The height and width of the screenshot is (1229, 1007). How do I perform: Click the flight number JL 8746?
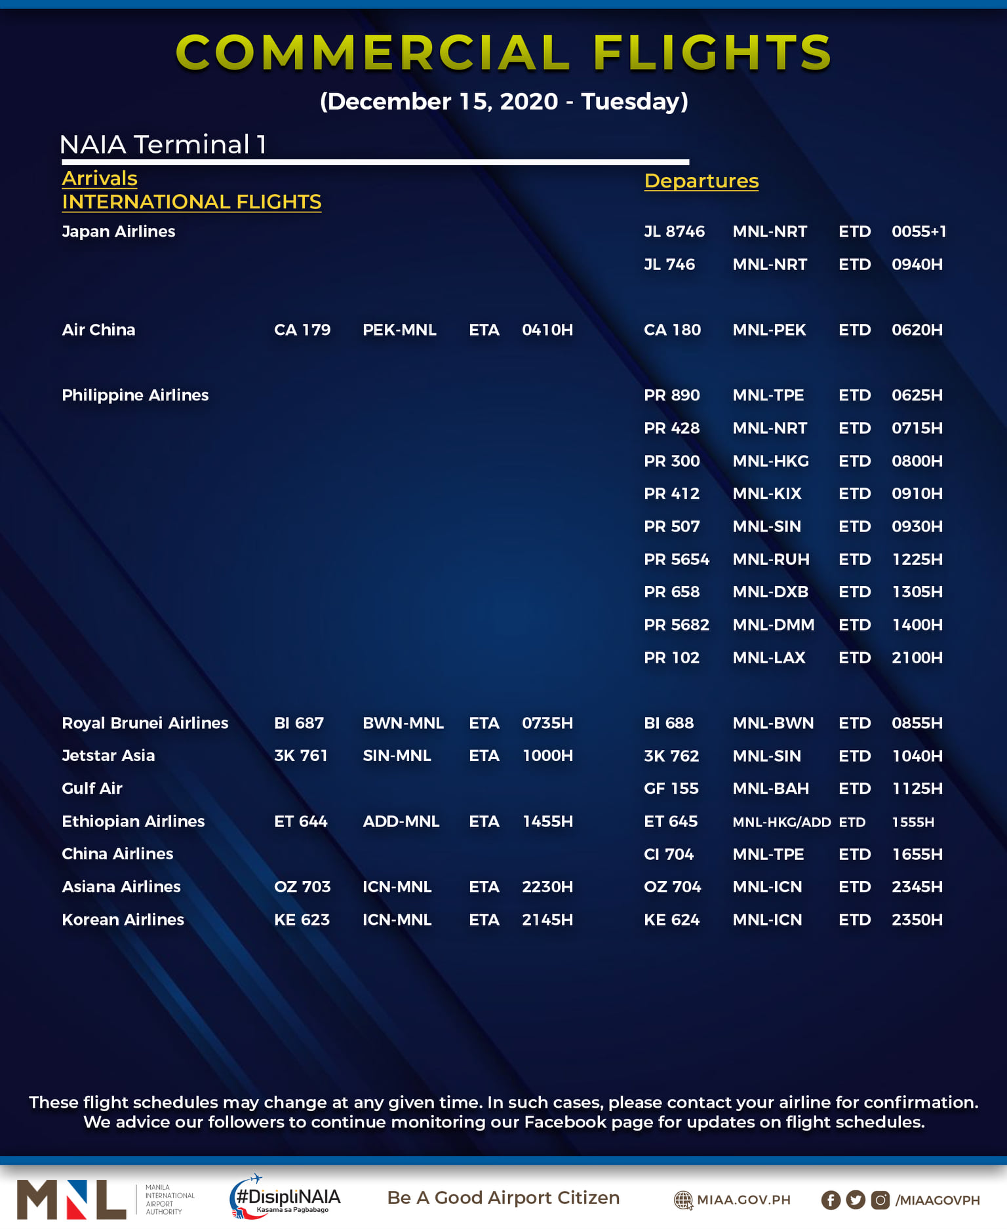(674, 231)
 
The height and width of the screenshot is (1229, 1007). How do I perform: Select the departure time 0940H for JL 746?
(917, 264)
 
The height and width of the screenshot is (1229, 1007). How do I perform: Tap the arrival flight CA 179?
(302, 330)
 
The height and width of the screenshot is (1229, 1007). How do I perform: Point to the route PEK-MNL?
(399, 330)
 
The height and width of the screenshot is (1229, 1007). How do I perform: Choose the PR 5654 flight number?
(676, 559)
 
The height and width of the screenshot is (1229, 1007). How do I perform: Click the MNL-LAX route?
(768, 657)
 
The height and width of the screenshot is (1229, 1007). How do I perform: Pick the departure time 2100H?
(917, 657)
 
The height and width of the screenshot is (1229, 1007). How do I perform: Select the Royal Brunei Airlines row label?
(145, 723)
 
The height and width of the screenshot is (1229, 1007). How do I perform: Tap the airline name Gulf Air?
(92, 789)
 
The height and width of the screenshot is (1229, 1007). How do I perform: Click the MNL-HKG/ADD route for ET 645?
(781, 822)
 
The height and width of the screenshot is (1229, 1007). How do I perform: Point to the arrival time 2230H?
(547, 887)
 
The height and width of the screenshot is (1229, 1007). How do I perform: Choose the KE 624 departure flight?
(671, 920)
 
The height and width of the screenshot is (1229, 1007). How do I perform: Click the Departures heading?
(701, 181)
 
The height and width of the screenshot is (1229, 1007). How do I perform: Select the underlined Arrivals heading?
(100, 178)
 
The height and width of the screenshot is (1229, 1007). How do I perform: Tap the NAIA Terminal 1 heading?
(163, 145)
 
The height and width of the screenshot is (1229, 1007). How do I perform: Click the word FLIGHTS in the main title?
(712, 52)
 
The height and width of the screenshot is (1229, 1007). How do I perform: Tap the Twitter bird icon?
(855, 1200)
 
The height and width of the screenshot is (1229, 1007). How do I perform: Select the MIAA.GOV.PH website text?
(743, 1200)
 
